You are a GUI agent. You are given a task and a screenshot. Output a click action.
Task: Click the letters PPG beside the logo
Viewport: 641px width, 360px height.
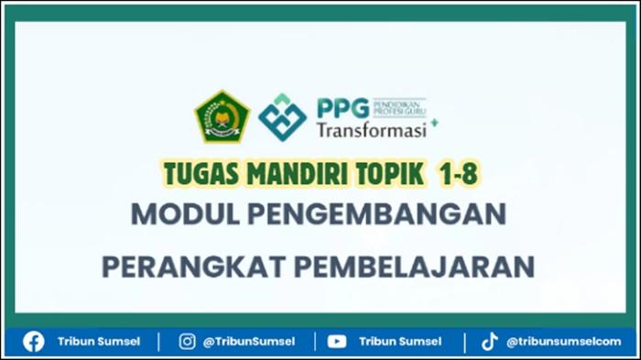341,107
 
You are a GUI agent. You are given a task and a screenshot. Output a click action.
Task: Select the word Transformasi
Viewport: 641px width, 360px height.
371,131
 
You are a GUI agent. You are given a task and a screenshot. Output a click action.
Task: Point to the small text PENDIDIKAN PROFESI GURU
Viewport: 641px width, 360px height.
400,107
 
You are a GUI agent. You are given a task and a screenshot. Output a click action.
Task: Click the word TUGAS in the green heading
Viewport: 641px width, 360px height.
195,171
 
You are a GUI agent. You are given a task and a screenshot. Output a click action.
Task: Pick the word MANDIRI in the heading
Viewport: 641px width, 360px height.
284,171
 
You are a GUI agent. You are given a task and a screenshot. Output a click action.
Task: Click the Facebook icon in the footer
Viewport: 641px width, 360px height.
34,341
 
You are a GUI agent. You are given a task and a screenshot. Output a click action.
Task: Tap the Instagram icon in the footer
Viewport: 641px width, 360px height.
187,341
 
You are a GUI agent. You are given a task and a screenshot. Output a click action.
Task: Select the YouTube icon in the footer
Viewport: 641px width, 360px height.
337,341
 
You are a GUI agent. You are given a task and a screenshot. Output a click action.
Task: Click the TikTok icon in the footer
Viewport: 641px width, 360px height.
490,341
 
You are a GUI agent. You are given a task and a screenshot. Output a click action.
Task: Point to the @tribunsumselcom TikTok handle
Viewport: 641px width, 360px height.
562,341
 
